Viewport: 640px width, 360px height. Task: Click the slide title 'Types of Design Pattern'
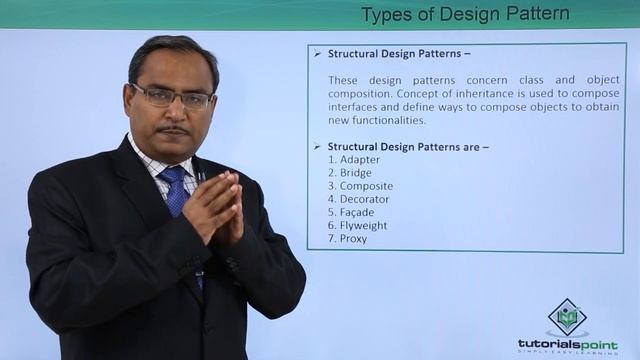[x=465, y=14]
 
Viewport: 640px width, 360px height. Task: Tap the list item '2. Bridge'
[x=349, y=172]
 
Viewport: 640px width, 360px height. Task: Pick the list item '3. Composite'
[x=360, y=186]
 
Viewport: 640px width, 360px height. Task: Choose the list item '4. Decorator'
[x=358, y=199]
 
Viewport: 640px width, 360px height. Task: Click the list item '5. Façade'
[x=351, y=212]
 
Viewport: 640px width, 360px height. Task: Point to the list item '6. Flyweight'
[x=357, y=225]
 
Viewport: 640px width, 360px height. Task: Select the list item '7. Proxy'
[x=347, y=238]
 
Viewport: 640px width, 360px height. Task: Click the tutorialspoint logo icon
[x=567, y=318]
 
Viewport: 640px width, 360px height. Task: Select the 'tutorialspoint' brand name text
[x=567, y=344]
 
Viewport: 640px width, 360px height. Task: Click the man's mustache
[x=174, y=128]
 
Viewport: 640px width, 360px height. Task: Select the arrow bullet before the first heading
[x=317, y=53]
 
